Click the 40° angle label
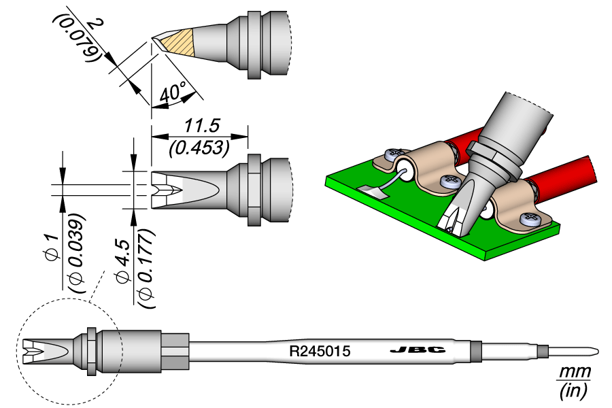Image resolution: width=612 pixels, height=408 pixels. (x=173, y=93)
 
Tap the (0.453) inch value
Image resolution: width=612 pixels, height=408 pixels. (x=199, y=146)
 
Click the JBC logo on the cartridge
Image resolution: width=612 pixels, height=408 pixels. (x=418, y=351)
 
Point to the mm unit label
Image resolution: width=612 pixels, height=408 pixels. (x=573, y=373)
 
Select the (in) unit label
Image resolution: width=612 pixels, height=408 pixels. (x=573, y=390)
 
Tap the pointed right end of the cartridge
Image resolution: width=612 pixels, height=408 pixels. (x=596, y=352)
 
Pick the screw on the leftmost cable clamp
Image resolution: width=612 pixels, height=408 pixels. (x=392, y=155)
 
